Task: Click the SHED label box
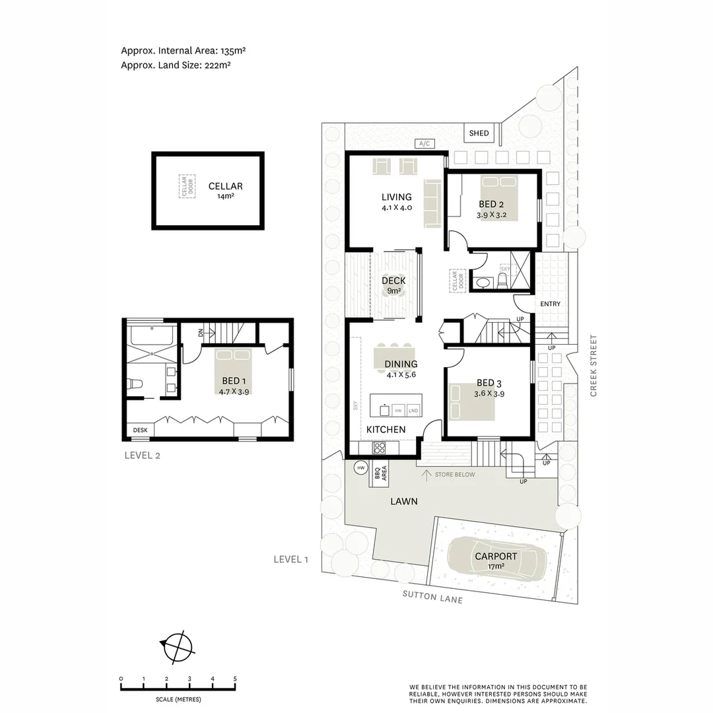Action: [479, 133]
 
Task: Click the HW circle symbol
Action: [360, 468]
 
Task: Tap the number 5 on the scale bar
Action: [235, 679]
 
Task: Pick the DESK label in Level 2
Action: [140, 430]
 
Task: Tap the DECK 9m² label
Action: [393, 285]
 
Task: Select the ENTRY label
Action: [550, 304]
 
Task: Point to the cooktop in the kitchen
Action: [380, 448]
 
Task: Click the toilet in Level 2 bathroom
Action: [135, 384]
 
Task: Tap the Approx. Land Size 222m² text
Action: [176, 65]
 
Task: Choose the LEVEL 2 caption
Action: [142, 455]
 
